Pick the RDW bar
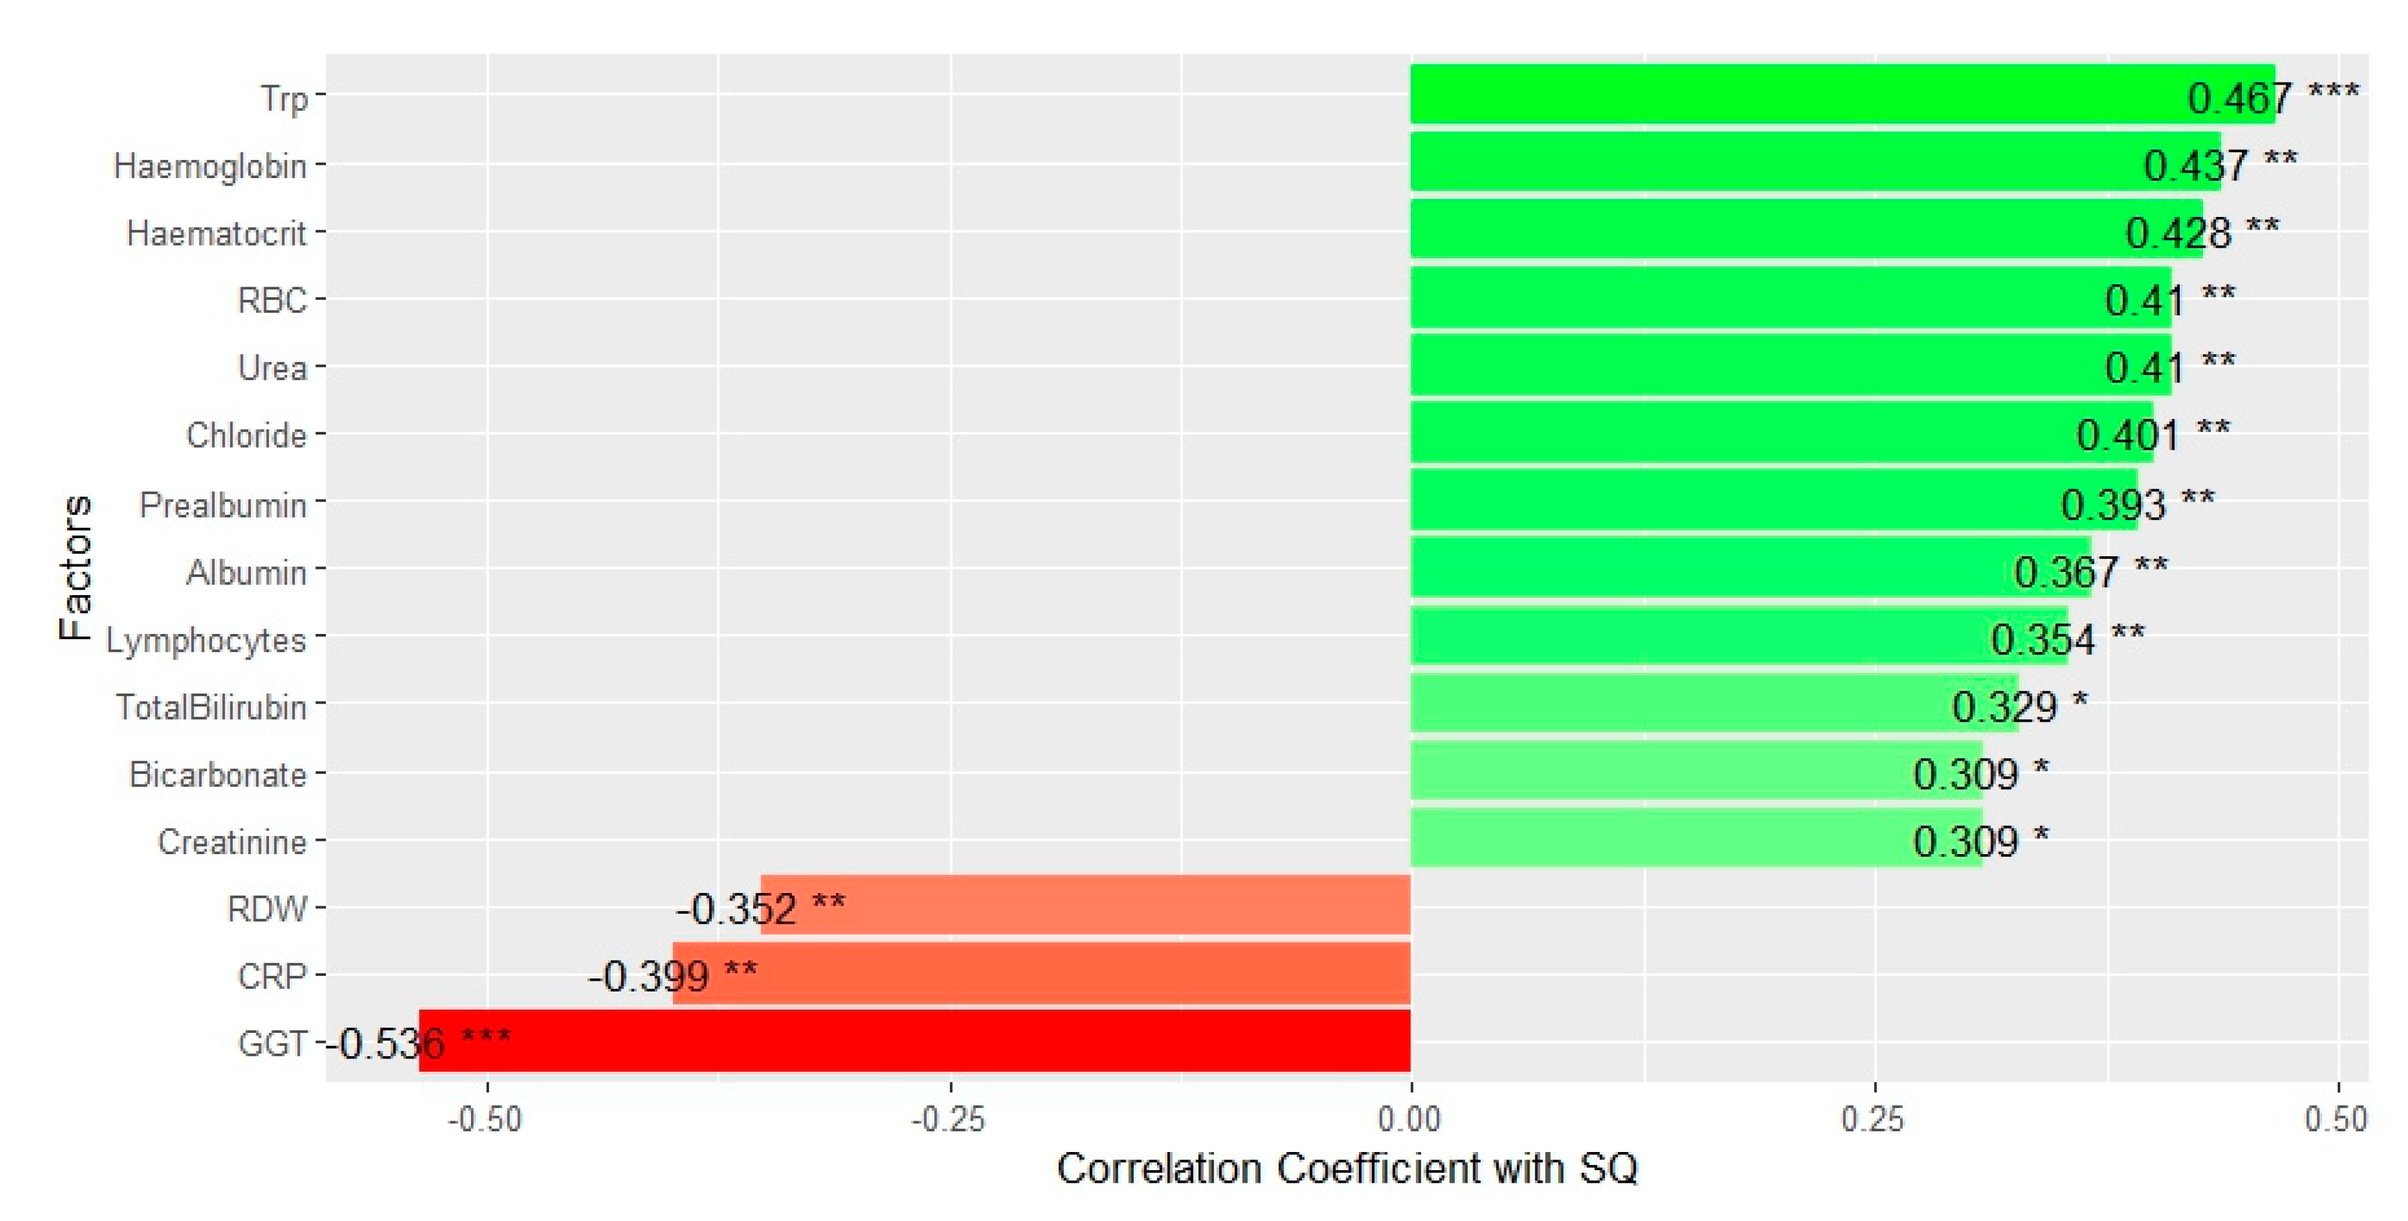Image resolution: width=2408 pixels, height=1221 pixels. click(x=1084, y=905)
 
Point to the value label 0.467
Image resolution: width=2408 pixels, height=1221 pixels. click(x=2240, y=97)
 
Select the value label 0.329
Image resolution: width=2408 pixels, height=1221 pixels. click(x=2004, y=707)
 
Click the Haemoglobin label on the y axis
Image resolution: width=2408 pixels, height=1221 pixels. click(x=210, y=166)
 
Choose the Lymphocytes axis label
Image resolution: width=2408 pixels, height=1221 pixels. click(x=206, y=640)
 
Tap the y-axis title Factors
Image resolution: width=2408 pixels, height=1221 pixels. click(x=75, y=568)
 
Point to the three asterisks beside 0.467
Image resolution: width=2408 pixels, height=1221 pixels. click(x=2333, y=91)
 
